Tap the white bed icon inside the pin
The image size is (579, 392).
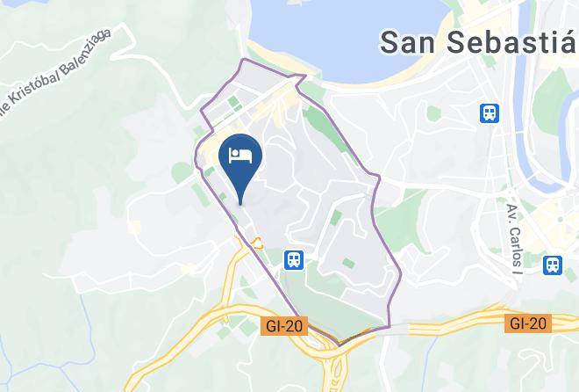point(241,156)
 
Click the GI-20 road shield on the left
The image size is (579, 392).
point(282,326)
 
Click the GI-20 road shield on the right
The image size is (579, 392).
point(529,323)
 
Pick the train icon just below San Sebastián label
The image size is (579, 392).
point(490,113)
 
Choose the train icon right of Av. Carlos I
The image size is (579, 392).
point(553,264)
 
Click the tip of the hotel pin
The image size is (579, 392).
point(241,204)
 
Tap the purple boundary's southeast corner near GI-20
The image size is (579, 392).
point(389,327)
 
